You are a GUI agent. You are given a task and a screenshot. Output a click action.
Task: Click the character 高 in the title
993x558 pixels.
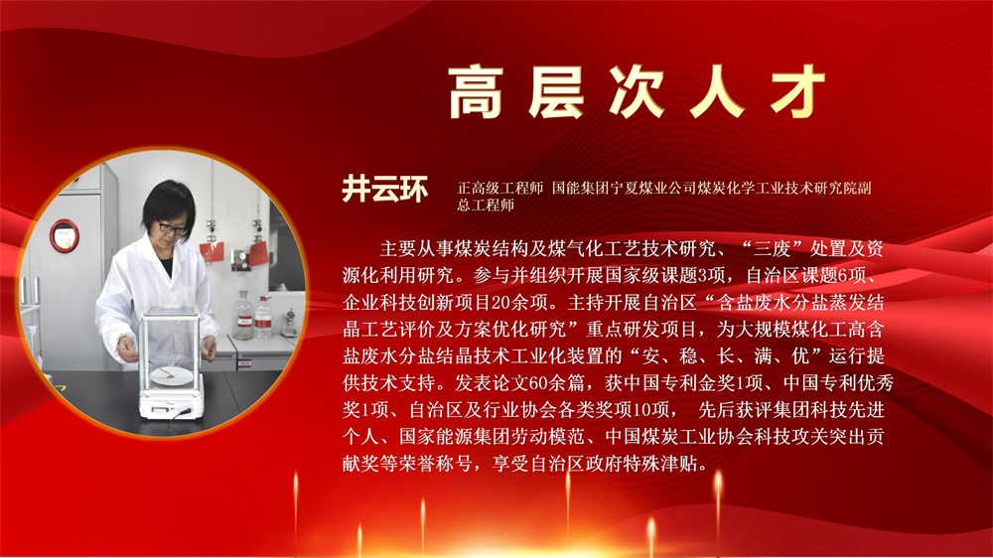(x=476, y=92)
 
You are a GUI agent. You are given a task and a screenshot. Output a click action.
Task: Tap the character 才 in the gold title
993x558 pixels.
(x=797, y=92)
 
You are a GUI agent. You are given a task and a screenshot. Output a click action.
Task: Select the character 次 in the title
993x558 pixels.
(x=637, y=92)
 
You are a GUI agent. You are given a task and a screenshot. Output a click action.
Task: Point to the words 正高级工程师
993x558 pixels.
(x=500, y=188)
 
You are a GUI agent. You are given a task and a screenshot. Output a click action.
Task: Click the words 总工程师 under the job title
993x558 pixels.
(x=486, y=205)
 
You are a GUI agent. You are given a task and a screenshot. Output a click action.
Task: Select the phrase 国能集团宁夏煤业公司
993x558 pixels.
(x=624, y=188)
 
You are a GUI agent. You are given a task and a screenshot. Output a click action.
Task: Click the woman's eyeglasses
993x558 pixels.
(x=171, y=227)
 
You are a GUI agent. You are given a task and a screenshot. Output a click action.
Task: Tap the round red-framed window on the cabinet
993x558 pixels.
(x=65, y=235)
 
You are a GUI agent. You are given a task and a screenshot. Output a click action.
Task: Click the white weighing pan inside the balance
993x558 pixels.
(x=172, y=376)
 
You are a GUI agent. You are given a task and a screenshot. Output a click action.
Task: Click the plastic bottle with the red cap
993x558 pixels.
(x=263, y=317)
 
